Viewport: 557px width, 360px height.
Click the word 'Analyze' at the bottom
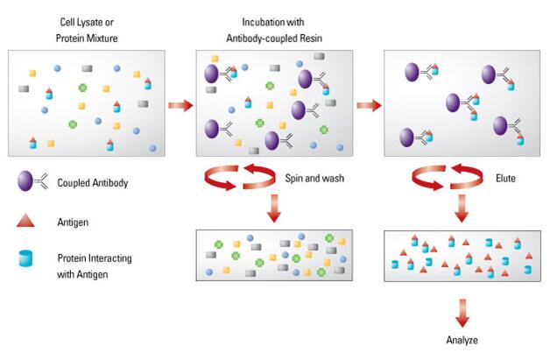(462, 340)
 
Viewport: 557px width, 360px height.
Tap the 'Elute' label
(505, 178)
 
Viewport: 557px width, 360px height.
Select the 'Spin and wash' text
(314, 178)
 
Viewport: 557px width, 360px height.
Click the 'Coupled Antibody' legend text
(92, 183)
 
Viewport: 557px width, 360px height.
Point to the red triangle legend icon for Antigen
(25, 221)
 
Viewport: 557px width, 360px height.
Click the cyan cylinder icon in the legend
(25, 258)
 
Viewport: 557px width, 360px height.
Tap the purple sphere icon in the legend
(25, 180)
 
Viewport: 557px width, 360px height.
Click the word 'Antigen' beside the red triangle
(73, 222)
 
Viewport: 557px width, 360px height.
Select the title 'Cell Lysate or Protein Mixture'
(87, 30)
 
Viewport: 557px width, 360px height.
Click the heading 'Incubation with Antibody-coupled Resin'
(274, 30)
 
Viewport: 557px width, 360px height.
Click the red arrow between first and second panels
(180, 106)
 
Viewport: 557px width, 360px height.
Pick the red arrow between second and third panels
(369, 106)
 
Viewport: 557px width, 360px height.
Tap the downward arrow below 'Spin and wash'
(274, 208)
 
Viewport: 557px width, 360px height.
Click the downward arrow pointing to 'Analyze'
(462, 313)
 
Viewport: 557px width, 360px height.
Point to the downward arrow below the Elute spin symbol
(462, 208)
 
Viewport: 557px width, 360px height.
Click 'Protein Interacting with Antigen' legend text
(95, 265)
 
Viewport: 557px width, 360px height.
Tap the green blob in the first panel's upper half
(82, 88)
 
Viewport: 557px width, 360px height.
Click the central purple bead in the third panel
(453, 102)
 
